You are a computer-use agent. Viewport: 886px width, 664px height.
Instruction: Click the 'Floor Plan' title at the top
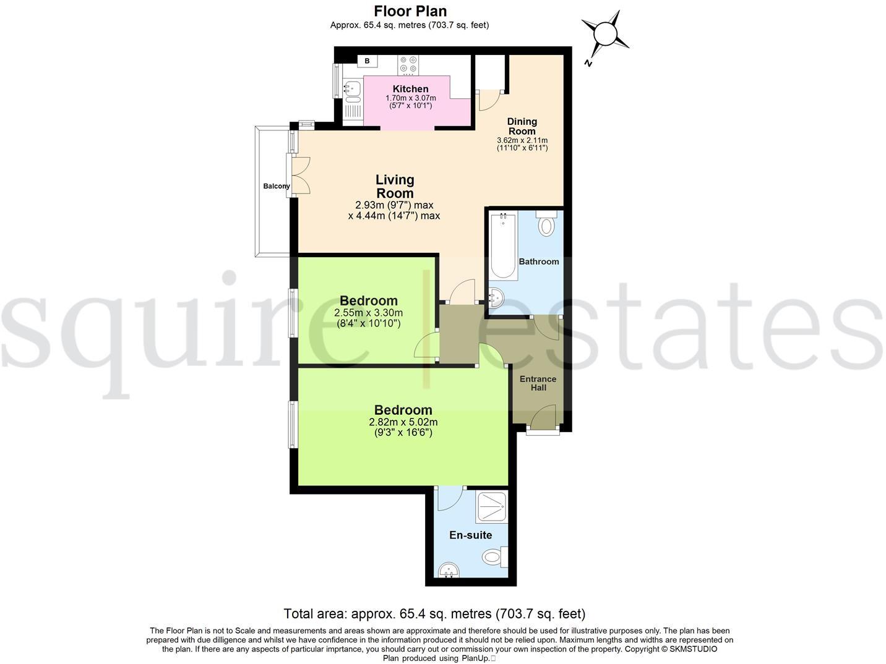point(410,11)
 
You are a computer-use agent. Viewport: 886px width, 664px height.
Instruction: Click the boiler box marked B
point(367,61)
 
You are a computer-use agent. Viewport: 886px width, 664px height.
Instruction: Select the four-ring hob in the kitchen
point(408,65)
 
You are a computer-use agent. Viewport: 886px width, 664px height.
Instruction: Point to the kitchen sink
point(352,90)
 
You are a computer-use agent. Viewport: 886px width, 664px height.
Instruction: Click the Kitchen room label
point(410,89)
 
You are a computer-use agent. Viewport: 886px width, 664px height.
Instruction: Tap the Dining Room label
point(522,126)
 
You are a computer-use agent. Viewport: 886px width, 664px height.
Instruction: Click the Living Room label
point(395,186)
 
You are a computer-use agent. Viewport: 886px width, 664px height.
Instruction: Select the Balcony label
point(276,186)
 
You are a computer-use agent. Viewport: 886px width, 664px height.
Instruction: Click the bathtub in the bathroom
point(504,246)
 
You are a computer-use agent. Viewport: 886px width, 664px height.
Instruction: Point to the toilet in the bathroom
point(546,224)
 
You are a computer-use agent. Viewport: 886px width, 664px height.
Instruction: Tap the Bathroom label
point(538,262)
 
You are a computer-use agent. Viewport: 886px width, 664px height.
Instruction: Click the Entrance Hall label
point(538,383)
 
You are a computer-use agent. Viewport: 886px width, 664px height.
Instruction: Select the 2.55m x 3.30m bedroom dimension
point(368,313)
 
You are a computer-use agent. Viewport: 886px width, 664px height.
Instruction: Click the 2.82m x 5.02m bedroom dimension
point(403,422)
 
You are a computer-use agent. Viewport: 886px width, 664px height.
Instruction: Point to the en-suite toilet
point(494,557)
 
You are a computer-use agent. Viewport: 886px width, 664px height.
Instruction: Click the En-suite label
point(470,535)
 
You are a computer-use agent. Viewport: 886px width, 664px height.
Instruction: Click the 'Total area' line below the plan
point(434,614)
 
